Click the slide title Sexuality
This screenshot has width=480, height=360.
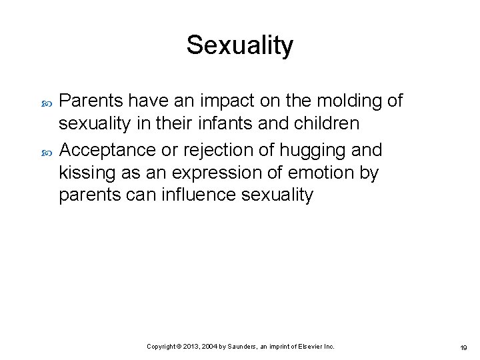point(239,45)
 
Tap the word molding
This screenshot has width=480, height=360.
point(339,101)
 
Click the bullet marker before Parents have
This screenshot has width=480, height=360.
point(46,101)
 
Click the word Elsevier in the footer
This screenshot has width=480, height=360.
point(309,347)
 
